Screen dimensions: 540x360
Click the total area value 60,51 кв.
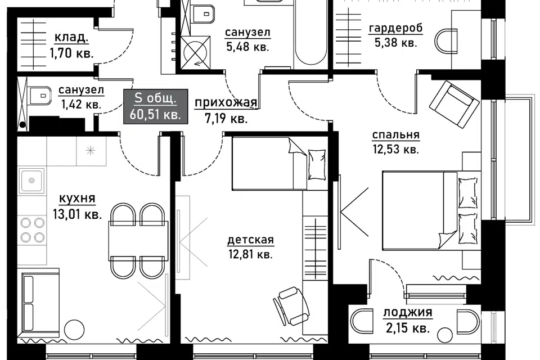click(x=155, y=114)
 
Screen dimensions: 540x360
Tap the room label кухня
click(x=77, y=199)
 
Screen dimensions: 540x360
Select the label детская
click(x=250, y=240)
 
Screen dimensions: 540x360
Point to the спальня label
click(x=395, y=135)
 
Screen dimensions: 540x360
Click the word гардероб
click(x=395, y=28)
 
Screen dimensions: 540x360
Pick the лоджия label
click(x=408, y=313)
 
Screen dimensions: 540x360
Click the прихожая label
click(x=226, y=103)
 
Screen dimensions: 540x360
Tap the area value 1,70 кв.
click(x=72, y=54)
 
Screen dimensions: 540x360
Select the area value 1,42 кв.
click(x=81, y=104)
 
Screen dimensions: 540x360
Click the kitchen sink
click(x=31, y=181)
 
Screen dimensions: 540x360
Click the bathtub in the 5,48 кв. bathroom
click(x=310, y=33)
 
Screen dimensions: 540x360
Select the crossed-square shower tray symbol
click(x=195, y=52)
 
